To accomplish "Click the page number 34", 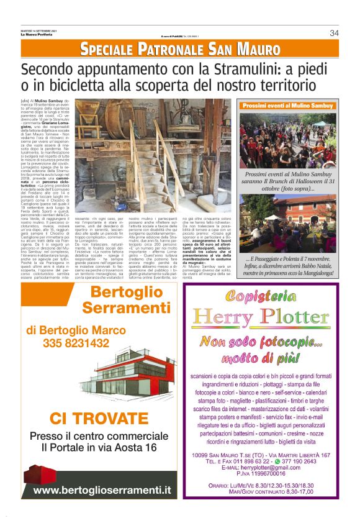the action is [x=334, y=33].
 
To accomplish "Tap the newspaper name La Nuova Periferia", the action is [x=37, y=35].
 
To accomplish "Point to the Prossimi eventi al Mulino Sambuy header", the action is [x=287, y=106].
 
